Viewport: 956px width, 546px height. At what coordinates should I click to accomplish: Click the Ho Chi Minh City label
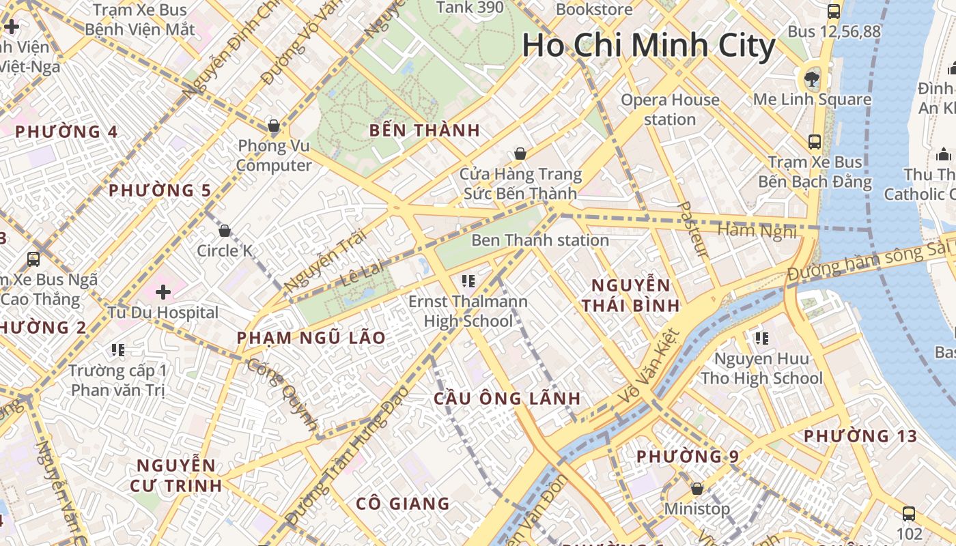pos(649,46)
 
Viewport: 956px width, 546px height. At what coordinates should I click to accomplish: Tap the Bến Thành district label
pos(425,130)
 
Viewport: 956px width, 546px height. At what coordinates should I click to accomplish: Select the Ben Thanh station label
pos(539,240)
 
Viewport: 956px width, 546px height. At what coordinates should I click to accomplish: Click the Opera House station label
pos(670,109)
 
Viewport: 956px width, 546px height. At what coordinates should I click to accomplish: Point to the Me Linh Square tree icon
pos(812,78)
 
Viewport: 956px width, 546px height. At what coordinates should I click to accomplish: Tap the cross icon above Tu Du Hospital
pos(163,292)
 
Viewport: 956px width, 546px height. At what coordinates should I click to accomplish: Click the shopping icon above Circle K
pos(224,231)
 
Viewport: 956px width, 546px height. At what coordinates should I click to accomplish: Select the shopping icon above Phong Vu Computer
pos(274,126)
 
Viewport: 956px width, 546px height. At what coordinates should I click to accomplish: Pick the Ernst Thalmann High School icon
pos(468,281)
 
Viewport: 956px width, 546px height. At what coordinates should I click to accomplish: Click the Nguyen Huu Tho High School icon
pos(762,338)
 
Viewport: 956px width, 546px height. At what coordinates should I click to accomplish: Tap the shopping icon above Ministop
pos(697,489)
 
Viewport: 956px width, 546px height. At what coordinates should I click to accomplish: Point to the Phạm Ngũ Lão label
pos(311,338)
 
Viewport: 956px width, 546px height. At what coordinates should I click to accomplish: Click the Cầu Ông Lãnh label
pos(507,399)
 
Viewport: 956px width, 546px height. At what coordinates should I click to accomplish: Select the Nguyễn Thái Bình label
pos(631,295)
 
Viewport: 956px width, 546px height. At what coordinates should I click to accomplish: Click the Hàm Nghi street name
pos(757,231)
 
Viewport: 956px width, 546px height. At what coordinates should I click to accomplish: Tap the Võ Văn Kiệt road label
pos(649,367)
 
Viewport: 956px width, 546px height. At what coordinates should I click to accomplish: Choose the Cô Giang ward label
pos(403,504)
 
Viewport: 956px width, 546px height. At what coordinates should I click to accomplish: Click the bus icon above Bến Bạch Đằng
pos(814,142)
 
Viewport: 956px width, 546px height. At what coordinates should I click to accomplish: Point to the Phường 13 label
pos(860,435)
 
